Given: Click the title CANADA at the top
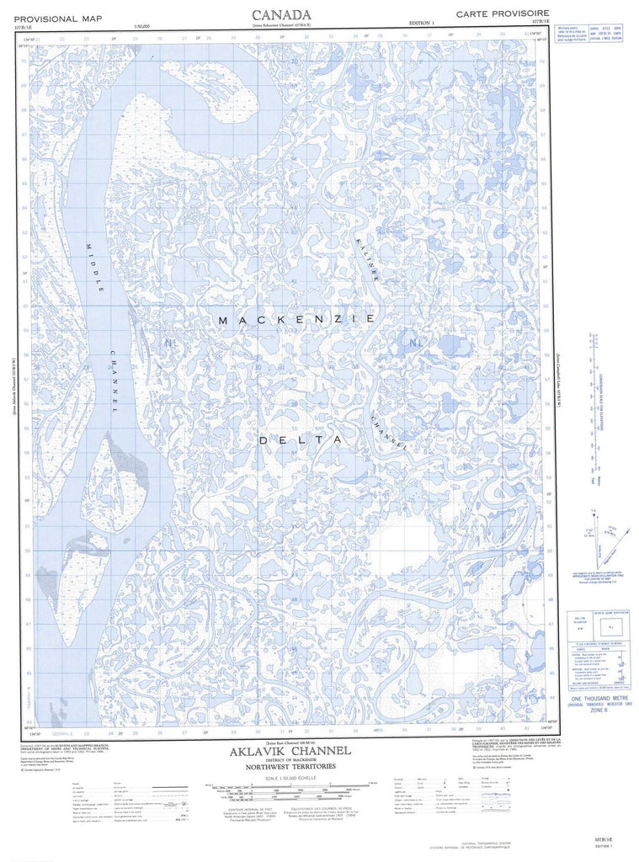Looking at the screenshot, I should coord(281,14).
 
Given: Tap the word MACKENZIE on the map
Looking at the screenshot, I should coord(296,320).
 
